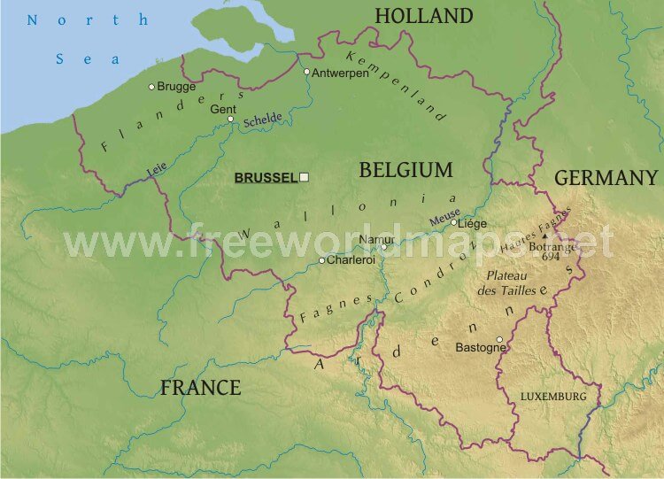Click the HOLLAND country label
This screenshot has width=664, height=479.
pos(424,16)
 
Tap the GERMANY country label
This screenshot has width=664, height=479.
pos(606,178)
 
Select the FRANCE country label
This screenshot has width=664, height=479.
pos(200,387)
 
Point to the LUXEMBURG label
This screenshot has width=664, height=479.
pos(553,397)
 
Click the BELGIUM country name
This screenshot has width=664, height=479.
pos(405,170)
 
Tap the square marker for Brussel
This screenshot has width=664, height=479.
pos(304,177)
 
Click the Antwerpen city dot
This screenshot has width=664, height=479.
pos(306,72)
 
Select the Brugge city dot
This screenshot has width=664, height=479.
pos(151,86)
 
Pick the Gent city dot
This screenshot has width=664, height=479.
pos(231,120)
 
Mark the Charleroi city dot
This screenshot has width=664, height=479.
pos(321,260)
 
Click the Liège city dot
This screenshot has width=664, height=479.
pos(454,222)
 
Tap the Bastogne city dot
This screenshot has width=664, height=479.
pos(499,339)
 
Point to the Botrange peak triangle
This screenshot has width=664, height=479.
pos(544,236)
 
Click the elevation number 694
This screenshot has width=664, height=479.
pos(551,257)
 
